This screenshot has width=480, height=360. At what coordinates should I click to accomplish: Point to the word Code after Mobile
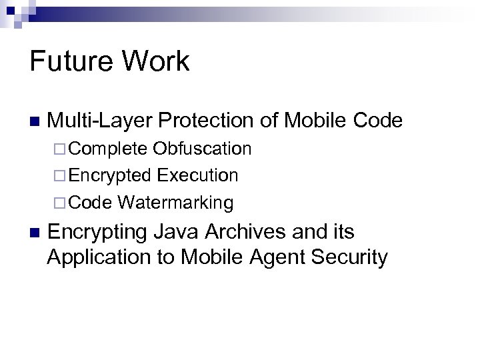pos(378,121)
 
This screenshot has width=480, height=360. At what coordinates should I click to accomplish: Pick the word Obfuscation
pos(202,148)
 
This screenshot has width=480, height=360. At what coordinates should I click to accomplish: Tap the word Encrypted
pos(110,175)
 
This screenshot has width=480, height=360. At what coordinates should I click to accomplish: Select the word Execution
pos(197,175)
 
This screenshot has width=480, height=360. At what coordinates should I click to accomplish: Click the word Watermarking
pos(176,202)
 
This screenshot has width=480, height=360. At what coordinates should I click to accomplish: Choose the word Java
pos(172,232)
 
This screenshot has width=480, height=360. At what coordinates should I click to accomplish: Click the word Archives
pos(239,232)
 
